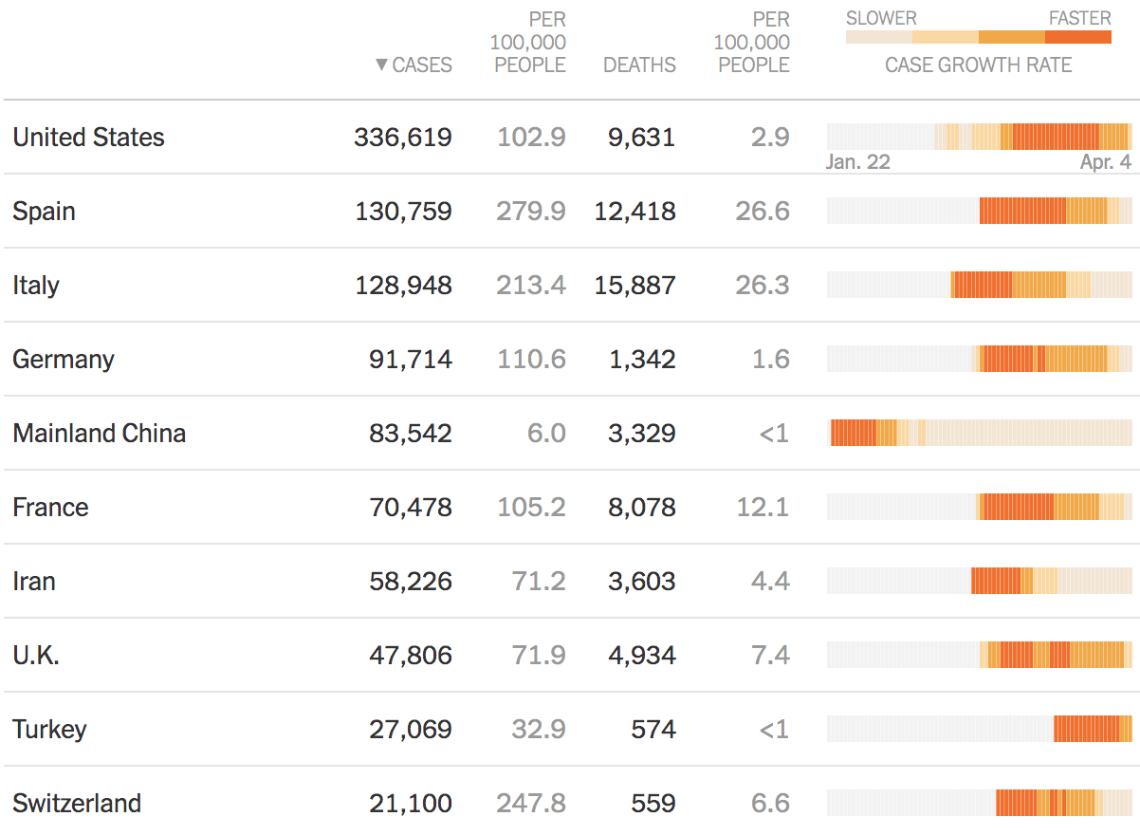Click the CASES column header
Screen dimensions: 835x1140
click(x=422, y=65)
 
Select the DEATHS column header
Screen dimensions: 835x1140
click(x=639, y=65)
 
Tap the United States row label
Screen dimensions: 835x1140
click(x=88, y=138)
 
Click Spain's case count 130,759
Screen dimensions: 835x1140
click(x=403, y=212)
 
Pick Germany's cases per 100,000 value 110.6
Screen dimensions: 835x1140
click(x=531, y=360)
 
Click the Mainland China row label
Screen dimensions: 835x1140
click(x=99, y=434)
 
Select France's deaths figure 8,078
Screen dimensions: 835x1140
click(x=641, y=508)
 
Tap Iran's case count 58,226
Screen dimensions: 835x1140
click(x=410, y=582)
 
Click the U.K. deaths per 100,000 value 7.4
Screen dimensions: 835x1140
click(x=770, y=656)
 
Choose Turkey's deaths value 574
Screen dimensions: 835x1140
click(x=653, y=730)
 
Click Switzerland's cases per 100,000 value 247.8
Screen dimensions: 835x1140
click(x=530, y=804)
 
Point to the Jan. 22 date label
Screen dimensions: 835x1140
click(x=857, y=162)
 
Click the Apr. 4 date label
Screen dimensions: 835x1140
click(x=1105, y=162)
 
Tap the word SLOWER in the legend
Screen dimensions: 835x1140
click(x=881, y=18)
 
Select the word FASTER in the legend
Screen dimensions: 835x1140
click(x=1079, y=18)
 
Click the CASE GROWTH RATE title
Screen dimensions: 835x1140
click(x=978, y=65)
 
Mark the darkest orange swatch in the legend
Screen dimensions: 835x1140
click(x=1078, y=37)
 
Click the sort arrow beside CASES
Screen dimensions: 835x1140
click(x=381, y=65)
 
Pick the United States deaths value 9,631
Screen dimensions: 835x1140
click(x=641, y=138)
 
